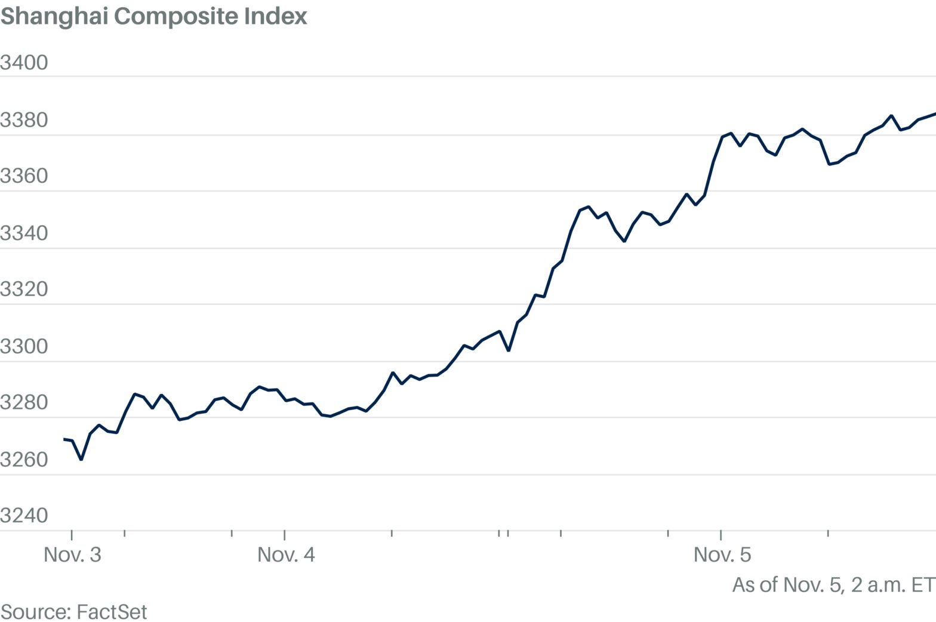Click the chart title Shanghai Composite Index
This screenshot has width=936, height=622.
154,16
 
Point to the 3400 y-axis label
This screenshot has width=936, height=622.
24,63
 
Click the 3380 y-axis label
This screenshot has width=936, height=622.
24,120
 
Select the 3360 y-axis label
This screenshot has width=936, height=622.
24,175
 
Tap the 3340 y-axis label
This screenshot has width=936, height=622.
24,233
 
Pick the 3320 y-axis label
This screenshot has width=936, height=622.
24,289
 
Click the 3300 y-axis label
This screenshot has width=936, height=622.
24,346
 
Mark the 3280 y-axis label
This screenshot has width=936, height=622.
24,402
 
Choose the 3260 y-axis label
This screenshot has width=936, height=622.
24,459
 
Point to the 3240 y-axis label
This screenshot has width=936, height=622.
24,515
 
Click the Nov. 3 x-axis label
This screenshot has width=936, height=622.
72,555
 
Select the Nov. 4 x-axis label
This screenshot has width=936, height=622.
286,555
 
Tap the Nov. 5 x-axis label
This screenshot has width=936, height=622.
722,555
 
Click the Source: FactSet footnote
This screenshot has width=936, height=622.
73,612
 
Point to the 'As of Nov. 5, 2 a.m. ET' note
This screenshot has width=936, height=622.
833,584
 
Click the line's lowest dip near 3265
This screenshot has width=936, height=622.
81,459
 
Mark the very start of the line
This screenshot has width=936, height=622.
64,439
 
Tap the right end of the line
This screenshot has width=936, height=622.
934,113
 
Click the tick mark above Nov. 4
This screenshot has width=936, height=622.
285,534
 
